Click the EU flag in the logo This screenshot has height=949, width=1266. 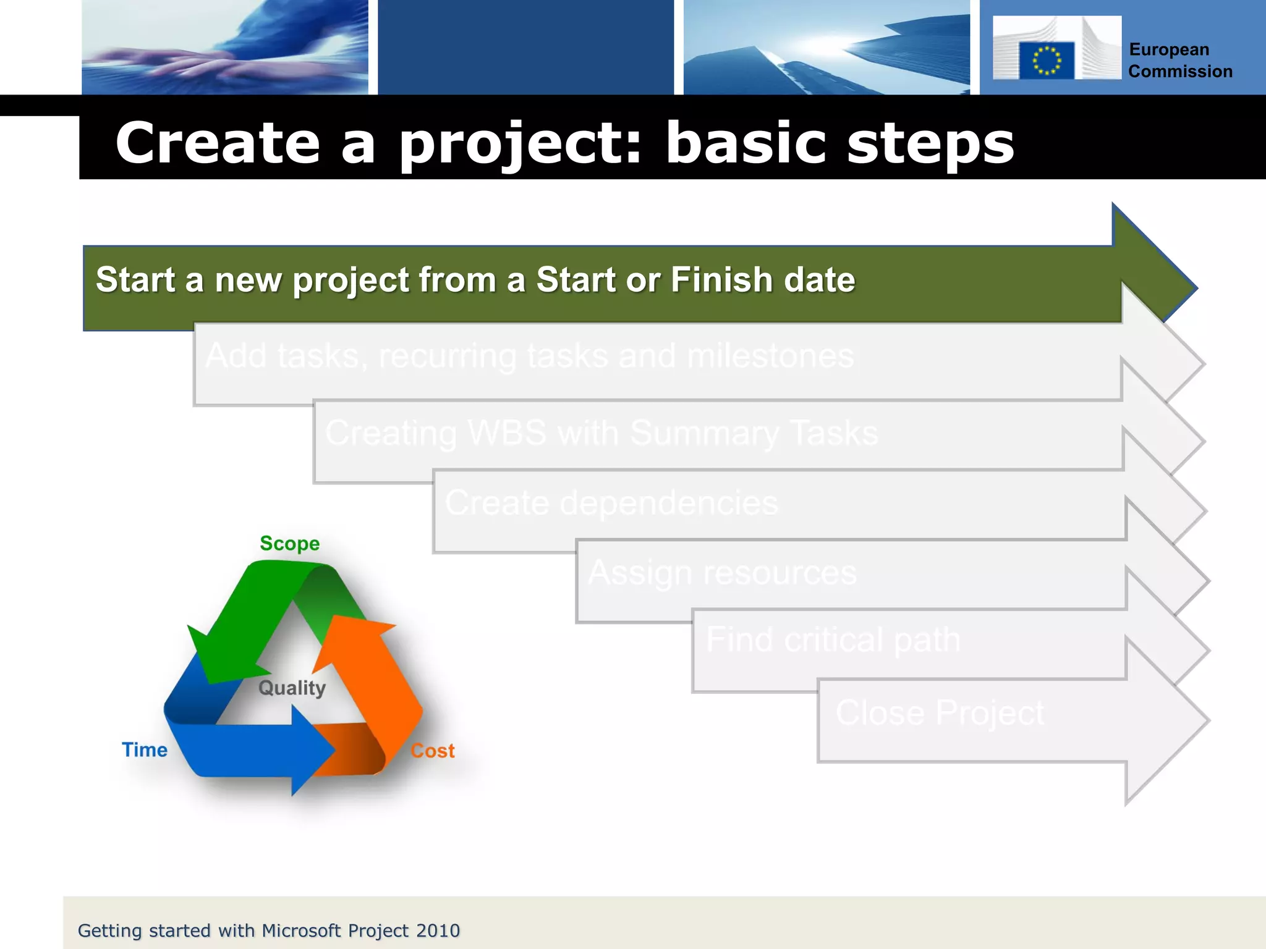click(x=1046, y=61)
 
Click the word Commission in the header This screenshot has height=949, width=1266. click(x=1179, y=72)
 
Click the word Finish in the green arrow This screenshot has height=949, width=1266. click(x=721, y=280)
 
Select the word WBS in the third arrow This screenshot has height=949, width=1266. click(x=507, y=433)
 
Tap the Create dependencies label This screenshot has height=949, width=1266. click(x=611, y=503)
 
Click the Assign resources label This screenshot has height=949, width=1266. click(x=722, y=573)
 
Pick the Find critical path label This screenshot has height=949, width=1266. click(x=833, y=639)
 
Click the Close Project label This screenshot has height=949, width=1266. click(x=940, y=713)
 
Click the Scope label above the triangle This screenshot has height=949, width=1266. click(x=289, y=544)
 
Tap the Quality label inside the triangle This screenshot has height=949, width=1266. click(x=292, y=688)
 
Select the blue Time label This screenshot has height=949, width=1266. click(x=145, y=750)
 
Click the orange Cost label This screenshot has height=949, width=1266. click(x=433, y=751)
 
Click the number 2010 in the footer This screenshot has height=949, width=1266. click(x=438, y=930)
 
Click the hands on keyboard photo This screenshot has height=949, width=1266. click(x=225, y=48)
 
